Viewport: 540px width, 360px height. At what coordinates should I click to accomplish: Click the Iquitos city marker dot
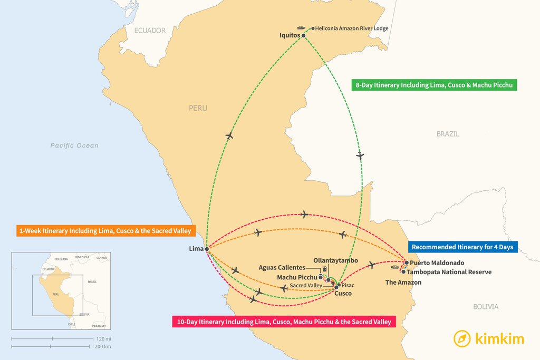pyautogui.click(x=304, y=36)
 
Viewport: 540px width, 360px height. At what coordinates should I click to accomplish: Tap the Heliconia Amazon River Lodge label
pyautogui.click(x=352, y=28)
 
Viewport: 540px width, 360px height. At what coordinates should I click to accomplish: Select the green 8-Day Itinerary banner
pyautogui.click(x=434, y=84)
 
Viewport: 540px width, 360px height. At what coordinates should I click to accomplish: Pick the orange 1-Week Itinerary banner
pyautogui.click(x=104, y=231)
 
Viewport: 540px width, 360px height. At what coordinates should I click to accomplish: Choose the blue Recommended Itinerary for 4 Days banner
pyautogui.click(x=464, y=247)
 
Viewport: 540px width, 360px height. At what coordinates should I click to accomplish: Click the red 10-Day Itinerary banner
pyautogui.click(x=284, y=322)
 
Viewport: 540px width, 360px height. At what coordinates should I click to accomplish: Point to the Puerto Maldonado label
pyautogui.click(x=437, y=262)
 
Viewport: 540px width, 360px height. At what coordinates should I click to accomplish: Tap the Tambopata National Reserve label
pyautogui.click(x=449, y=272)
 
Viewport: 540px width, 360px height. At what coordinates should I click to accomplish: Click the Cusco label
pyautogui.click(x=343, y=294)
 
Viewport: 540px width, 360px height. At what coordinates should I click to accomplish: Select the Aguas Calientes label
pyautogui.click(x=282, y=268)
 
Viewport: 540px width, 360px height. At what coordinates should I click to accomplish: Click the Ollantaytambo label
pyautogui.click(x=335, y=260)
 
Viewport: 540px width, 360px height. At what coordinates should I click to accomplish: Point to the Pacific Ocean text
pyautogui.click(x=74, y=145)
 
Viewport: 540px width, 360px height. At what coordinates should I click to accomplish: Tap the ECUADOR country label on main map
pyautogui.click(x=150, y=31)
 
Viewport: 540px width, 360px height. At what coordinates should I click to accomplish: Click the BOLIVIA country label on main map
pyautogui.click(x=486, y=307)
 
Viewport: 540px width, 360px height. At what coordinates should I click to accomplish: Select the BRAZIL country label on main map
pyautogui.click(x=448, y=134)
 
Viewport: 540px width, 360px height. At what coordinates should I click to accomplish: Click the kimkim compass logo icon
pyautogui.click(x=462, y=338)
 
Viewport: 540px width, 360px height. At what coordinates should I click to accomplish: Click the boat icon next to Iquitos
pyautogui.click(x=301, y=28)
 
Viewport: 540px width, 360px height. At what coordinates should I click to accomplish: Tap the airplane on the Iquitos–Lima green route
pyautogui.click(x=229, y=136)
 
